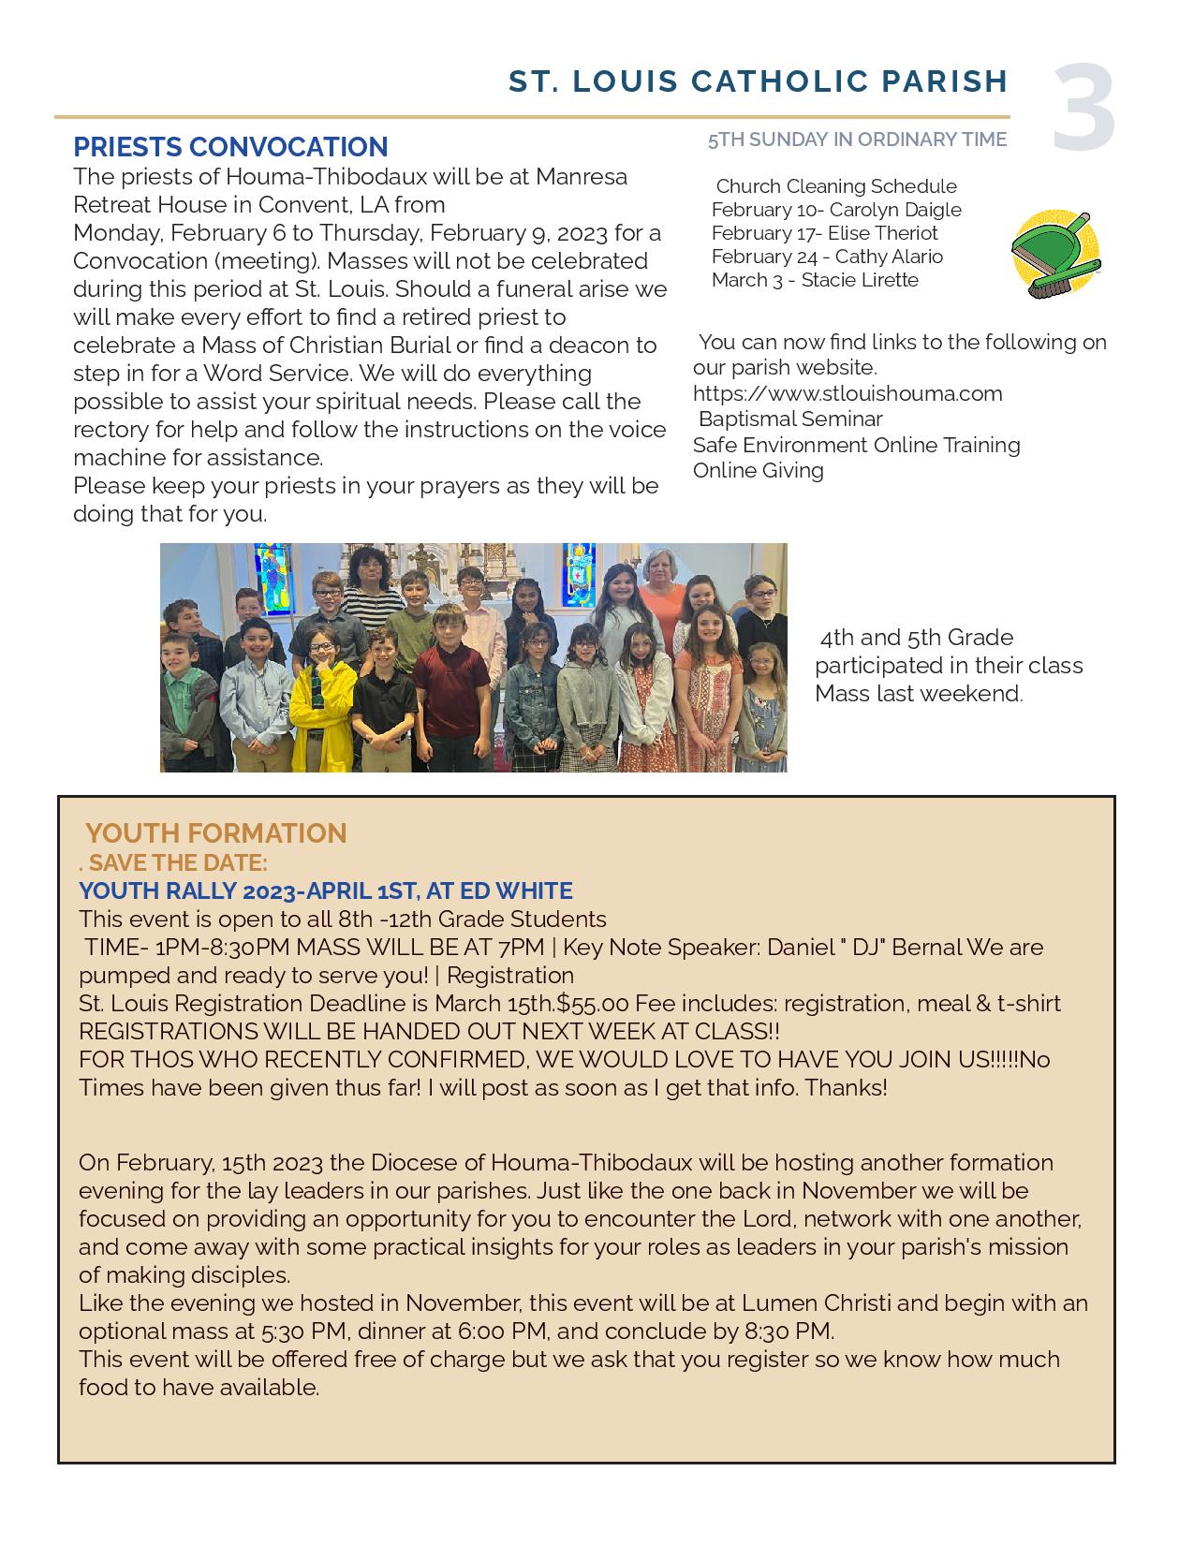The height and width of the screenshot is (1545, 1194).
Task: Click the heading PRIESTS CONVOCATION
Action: (x=230, y=147)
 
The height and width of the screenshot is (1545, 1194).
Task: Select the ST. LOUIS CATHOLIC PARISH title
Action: (x=758, y=81)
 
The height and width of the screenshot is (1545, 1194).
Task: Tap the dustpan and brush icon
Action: (x=1055, y=255)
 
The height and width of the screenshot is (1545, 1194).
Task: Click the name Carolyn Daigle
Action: (x=895, y=210)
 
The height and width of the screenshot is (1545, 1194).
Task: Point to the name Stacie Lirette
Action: (x=860, y=280)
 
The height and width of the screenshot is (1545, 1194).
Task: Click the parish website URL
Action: (x=848, y=393)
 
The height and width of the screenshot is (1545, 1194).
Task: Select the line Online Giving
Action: (x=759, y=470)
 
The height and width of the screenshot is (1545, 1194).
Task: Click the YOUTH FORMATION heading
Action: (x=215, y=832)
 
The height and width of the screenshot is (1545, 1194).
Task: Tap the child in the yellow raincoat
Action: (x=321, y=698)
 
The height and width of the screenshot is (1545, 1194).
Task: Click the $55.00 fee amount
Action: (x=593, y=1003)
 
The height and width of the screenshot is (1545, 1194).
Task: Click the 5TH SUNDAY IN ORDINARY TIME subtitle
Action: (x=857, y=140)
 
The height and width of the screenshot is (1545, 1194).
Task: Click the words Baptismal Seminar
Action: (x=789, y=419)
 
